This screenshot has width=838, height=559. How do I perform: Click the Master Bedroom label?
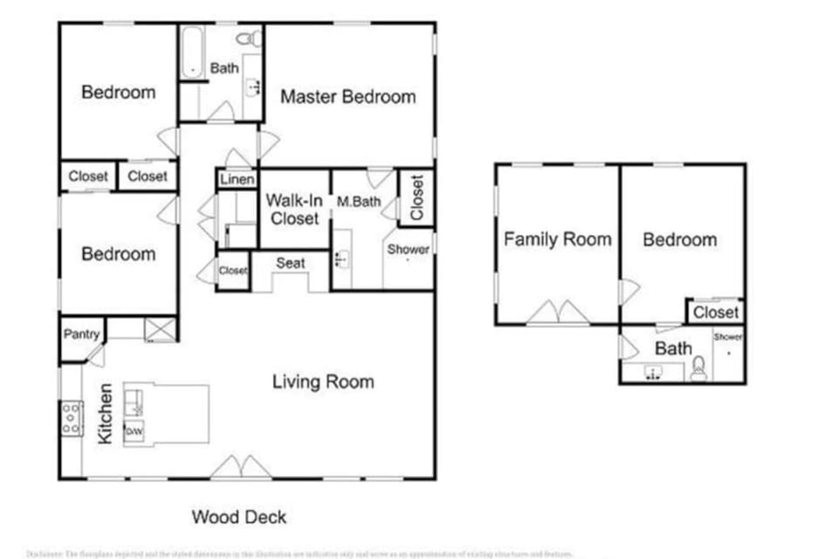tap(347, 97)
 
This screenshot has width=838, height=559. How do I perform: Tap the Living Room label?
tap(323, 382)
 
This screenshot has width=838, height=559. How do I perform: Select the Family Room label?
tap(557, 239)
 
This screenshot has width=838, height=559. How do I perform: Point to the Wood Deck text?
tap(239, 517)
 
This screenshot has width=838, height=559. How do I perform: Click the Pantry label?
tap(81, 335)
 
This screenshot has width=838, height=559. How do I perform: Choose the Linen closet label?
tap(237, 180)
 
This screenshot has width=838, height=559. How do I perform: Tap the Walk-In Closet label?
tap(294, 210)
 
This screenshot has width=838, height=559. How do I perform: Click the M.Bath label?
tap(355, 202)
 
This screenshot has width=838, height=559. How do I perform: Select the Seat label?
tap(290, 263)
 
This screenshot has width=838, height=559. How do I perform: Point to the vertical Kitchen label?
tap(105, 413)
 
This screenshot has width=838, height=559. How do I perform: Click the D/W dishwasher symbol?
tap(134, 431)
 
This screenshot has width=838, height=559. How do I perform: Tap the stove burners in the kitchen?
tap(71, 418)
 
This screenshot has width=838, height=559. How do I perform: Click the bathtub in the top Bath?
tap(191, 52)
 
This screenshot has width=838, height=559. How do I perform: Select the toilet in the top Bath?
tap(249, 38)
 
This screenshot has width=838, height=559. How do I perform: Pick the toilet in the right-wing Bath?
tap(698, 373)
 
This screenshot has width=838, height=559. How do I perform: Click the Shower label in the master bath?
tap(409, 249)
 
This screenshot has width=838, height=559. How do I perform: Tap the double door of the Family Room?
tap(558, 313)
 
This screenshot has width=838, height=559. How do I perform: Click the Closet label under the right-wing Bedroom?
tap(716, 312)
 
